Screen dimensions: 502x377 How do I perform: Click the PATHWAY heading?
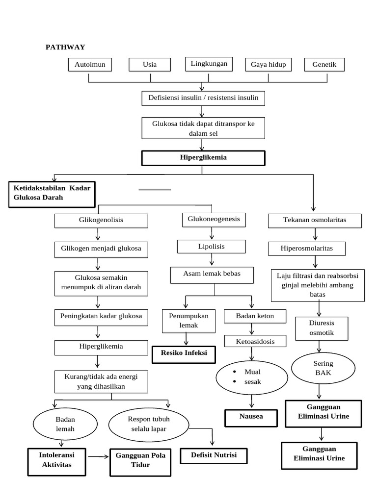tap(65, 47)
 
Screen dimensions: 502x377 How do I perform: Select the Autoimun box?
tap(90, 65)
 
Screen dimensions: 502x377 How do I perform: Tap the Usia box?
tap(150, 65)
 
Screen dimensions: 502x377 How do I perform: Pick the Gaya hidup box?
tap(268, 65)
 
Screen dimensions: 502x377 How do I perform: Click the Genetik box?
tap(324, 65)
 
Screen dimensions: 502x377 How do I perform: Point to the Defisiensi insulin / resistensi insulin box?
tap(203, 98)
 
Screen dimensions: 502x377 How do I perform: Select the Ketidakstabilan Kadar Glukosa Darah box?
tap(51, 194)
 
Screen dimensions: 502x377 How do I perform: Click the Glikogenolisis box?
tap(101, 220)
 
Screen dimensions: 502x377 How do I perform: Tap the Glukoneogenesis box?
tap(214, 220)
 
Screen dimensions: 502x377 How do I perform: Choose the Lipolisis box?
tap(212, 247)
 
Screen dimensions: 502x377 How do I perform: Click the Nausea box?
tap(251, 417)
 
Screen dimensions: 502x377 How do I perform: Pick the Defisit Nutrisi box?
tap(214, 456)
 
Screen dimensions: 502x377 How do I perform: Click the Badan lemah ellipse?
tap(65, 424)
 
